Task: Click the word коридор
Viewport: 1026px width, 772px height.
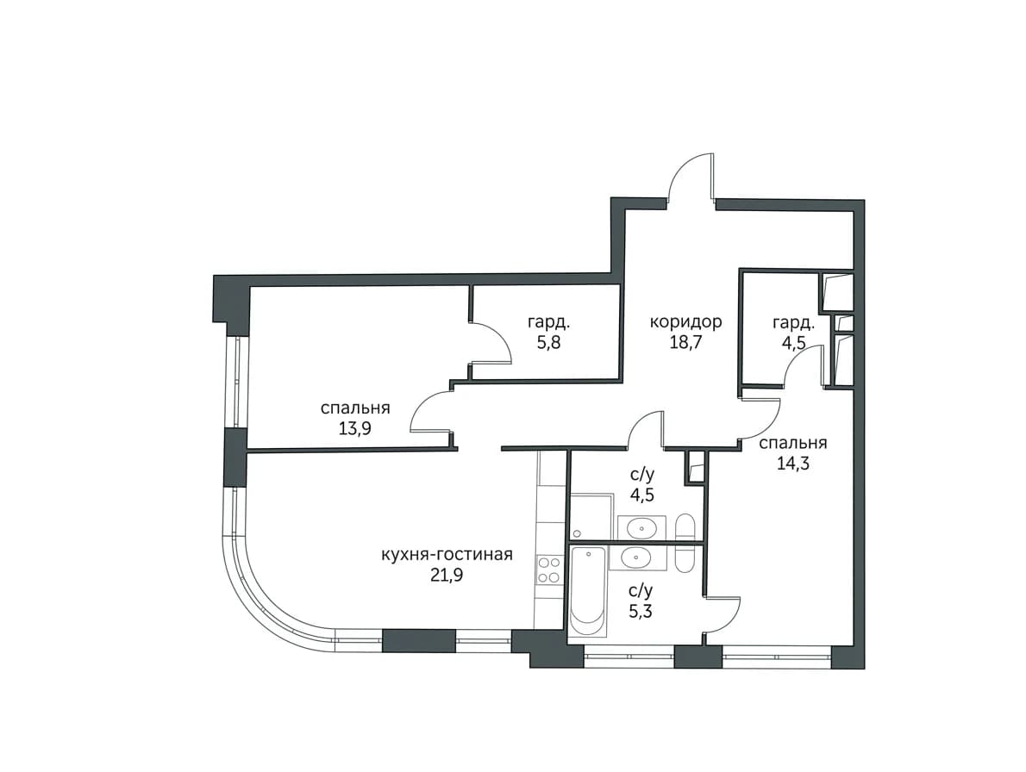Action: [685, 322]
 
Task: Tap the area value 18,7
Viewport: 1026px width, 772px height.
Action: [685, 343]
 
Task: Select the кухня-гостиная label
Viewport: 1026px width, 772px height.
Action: [447, 555]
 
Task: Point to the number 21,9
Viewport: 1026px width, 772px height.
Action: [447, 576]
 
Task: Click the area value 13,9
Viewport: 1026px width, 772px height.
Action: [355, 429]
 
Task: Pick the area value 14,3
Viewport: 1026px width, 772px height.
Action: [793, 464]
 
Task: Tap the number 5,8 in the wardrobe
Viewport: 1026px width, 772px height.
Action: [549, 343]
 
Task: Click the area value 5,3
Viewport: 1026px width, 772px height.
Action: [641, 612]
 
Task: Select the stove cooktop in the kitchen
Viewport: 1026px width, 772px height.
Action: [548, 570]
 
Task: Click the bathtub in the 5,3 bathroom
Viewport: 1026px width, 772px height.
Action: [588, 592]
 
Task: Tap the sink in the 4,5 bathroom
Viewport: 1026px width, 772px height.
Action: [642, 527]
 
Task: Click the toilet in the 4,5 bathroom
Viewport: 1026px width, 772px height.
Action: [685, 527]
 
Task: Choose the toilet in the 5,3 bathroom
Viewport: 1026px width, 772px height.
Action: [685, 559]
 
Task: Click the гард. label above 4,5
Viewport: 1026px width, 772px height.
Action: [794, 322]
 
